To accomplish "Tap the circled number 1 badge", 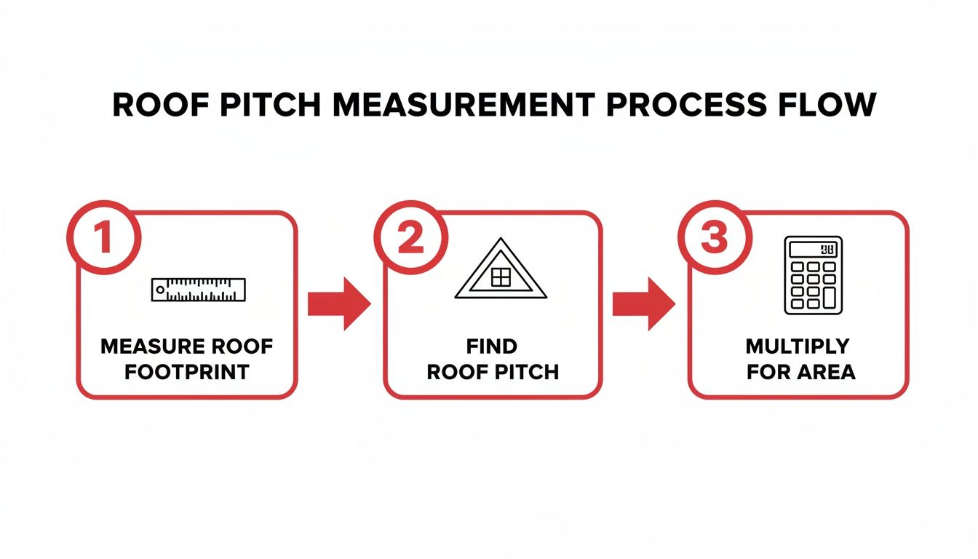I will point(103,239).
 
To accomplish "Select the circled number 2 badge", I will point(410,239).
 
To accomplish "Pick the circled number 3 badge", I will point(714,239).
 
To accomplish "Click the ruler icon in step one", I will point(199,289).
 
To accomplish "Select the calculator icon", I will point(813,275).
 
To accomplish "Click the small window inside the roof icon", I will point(501,277).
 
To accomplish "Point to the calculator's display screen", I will point(813,249).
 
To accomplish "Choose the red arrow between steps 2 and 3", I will point(643,304).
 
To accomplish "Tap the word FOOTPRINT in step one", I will point(186,372).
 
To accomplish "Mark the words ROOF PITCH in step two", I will point(492,372).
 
